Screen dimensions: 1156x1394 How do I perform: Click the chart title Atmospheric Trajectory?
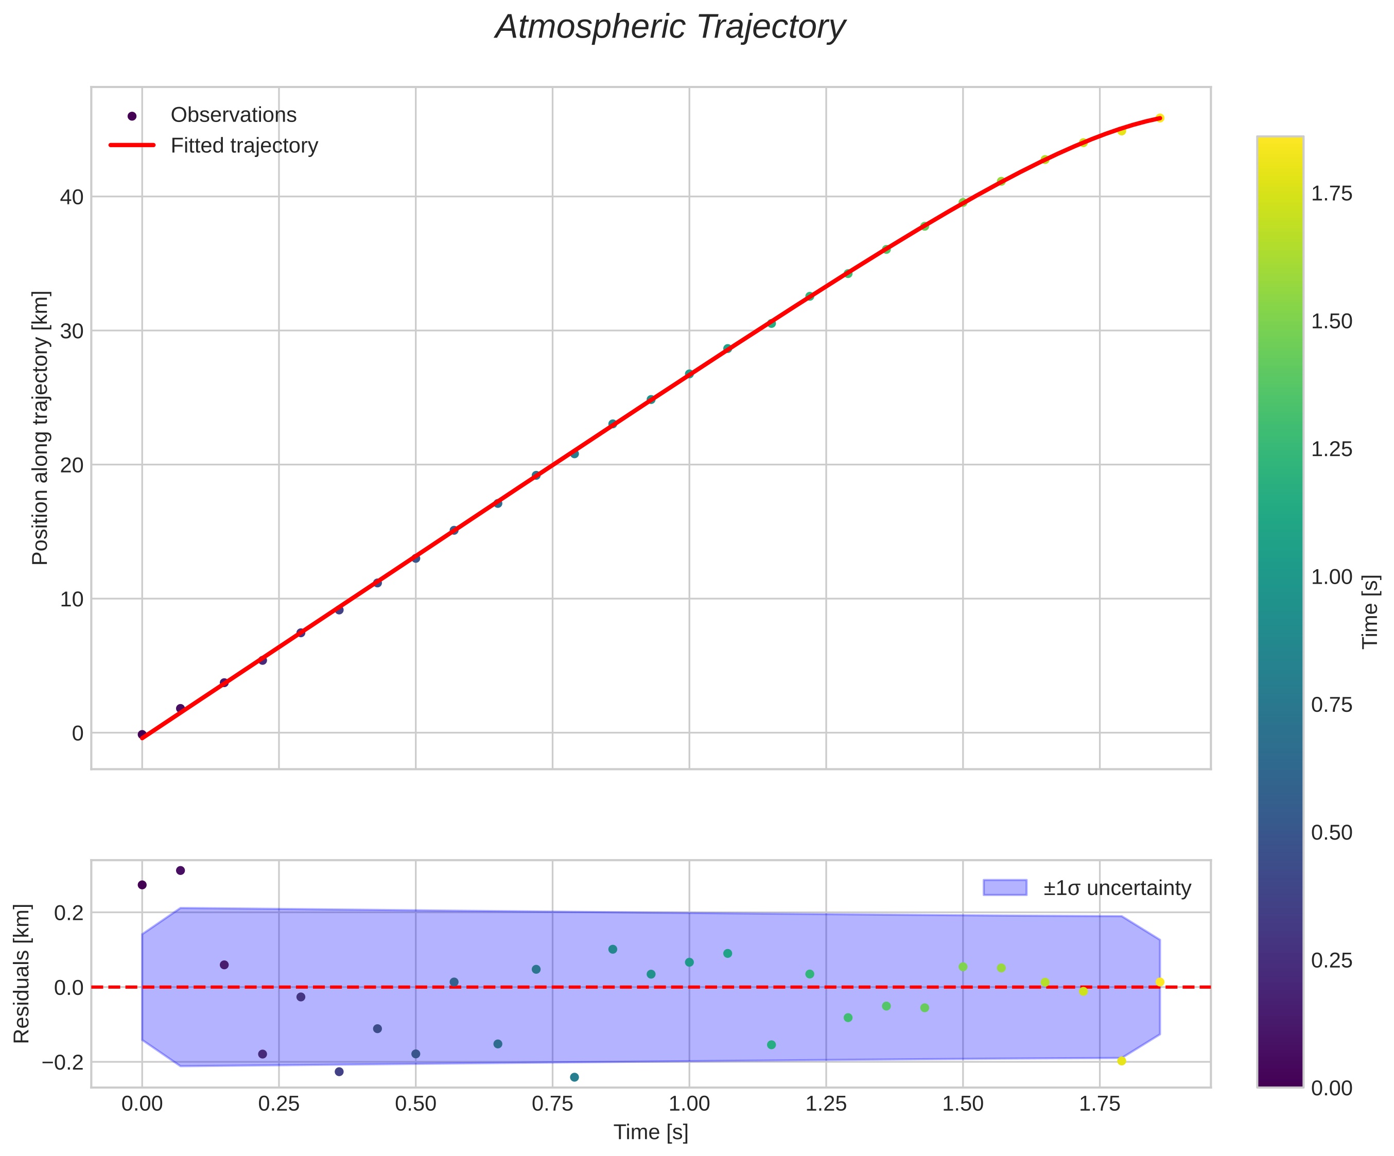670,28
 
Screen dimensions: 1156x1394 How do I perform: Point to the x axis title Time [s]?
651,1132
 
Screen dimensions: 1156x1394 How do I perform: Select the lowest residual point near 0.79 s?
574,1077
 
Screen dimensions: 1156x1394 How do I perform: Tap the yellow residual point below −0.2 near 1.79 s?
1122,1061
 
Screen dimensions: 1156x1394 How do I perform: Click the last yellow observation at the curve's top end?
1160,118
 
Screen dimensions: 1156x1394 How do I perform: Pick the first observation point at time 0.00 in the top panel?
142,734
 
